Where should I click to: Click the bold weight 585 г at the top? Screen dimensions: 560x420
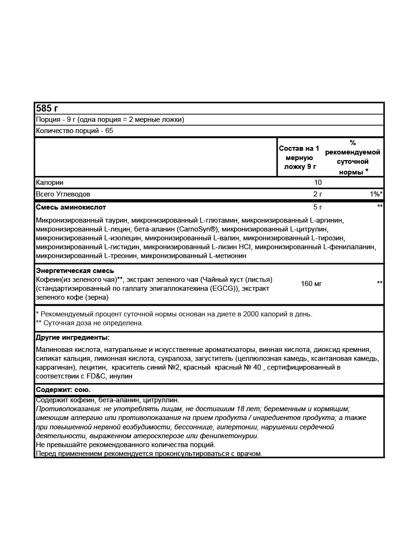tap(47, 108)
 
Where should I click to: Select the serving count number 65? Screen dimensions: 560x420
tap(109, 131)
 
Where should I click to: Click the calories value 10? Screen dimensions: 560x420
tap(318, 182)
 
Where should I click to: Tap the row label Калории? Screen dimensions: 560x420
tap(49, 182)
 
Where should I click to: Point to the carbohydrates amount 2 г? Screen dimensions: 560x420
tap(318, 194)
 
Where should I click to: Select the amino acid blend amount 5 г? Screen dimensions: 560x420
tap(318, 207)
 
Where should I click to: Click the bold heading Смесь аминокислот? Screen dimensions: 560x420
tap(71, 207)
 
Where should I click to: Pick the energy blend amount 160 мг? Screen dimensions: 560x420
tap(312, 283)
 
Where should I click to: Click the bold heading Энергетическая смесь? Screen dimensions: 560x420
tap(75, 271)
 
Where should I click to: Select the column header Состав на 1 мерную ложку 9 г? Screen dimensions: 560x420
tap(299, 157)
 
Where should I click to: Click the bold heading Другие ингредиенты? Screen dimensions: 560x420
tap(73, 337)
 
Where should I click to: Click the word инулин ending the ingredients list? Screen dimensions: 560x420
tap(122, 376)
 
